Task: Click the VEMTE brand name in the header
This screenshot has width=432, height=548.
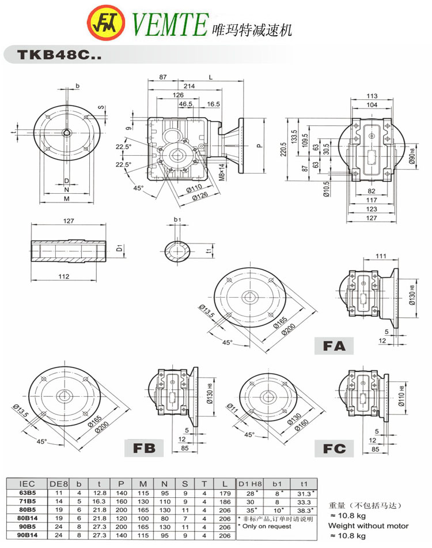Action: pyautogui.click(x=169, y=24)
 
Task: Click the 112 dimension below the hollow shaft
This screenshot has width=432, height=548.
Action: pyautogui.click(x=64, y=276)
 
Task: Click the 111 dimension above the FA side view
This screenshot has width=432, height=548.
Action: pyautogui.click(x=380, y=256)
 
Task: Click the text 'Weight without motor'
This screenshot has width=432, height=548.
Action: pyautogui.click(x=368, y=526)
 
